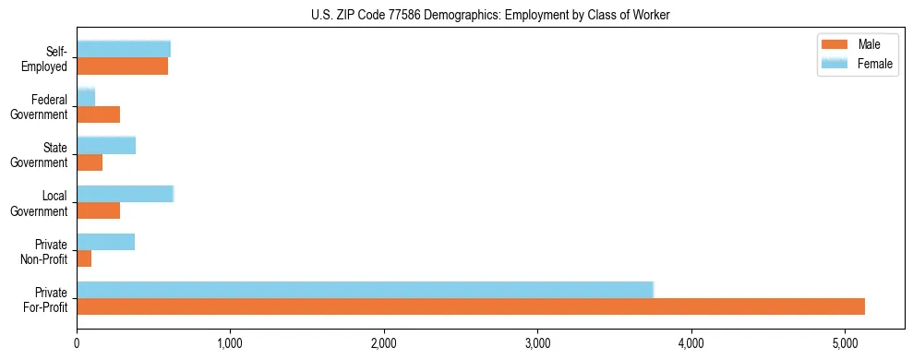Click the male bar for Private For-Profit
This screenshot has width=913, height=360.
471,306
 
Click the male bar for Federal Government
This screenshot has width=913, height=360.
98,114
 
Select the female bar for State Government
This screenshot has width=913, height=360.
106,145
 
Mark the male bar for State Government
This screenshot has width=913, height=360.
90,162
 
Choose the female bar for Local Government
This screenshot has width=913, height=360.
125,193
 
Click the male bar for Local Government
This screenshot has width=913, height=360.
98,210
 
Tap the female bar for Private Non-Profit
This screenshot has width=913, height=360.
105,242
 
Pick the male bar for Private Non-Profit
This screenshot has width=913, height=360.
84,258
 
